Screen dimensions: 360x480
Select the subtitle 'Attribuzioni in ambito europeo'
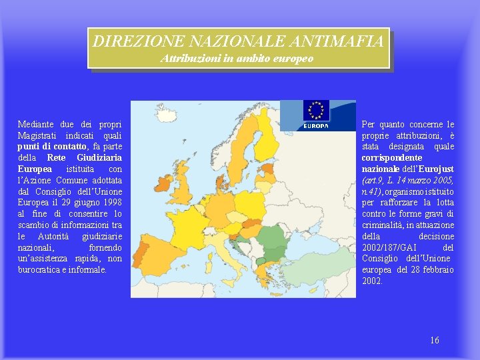237,59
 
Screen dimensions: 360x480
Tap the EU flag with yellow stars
316,111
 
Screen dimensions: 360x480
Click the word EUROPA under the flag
316,125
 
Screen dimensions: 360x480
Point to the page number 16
435,341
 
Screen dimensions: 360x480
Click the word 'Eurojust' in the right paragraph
437,169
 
